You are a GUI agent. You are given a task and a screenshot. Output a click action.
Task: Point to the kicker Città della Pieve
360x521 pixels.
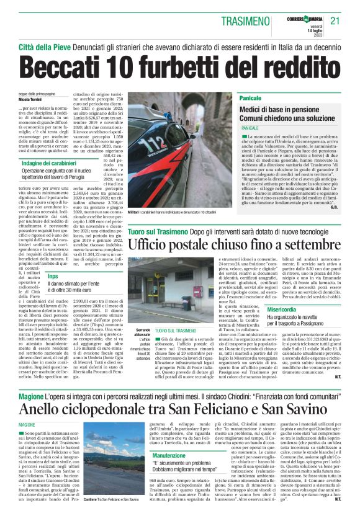[43, 47]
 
